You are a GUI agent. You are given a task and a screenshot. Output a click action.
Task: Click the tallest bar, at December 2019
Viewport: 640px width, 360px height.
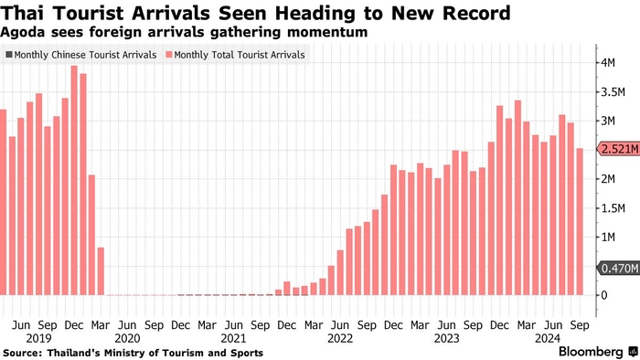click(74, 180)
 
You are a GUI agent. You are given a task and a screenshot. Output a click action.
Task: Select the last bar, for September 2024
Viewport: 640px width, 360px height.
click(580, 222)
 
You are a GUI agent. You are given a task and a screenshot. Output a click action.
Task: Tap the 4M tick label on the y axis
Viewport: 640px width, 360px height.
click(607, 63)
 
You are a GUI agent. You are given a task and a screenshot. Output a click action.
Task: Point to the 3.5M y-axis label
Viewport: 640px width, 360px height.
click(613, 92)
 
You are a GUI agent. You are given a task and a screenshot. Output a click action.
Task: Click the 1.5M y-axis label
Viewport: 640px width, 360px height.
click(613, 208)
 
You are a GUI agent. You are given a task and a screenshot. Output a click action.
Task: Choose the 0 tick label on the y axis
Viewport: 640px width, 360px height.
click(604, 295)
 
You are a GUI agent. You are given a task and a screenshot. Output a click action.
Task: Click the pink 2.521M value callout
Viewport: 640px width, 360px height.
click(619, 149)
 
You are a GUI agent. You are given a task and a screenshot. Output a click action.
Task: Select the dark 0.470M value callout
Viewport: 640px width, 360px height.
click(619, 269)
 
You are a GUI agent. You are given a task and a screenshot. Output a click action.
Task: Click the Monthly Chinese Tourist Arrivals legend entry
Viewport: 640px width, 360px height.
click(81, 55)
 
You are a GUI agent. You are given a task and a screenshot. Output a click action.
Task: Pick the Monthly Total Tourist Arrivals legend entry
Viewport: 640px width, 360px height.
click(236, 55)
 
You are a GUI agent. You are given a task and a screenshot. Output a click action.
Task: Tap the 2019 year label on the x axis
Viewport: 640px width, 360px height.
click(38, 338)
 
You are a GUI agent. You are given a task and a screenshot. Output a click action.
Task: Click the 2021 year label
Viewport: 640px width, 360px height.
click(233, 338)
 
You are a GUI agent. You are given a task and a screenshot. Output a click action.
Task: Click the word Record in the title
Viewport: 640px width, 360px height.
click(476, 13)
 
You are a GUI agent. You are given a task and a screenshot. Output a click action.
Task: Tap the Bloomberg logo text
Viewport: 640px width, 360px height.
click(592, 352)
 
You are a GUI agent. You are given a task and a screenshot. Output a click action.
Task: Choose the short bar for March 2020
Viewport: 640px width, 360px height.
click(101, 271)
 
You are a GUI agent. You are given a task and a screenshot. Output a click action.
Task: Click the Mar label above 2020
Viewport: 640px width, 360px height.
click(101, 325)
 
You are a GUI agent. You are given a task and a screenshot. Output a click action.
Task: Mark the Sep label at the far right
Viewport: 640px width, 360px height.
click(580, 325)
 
